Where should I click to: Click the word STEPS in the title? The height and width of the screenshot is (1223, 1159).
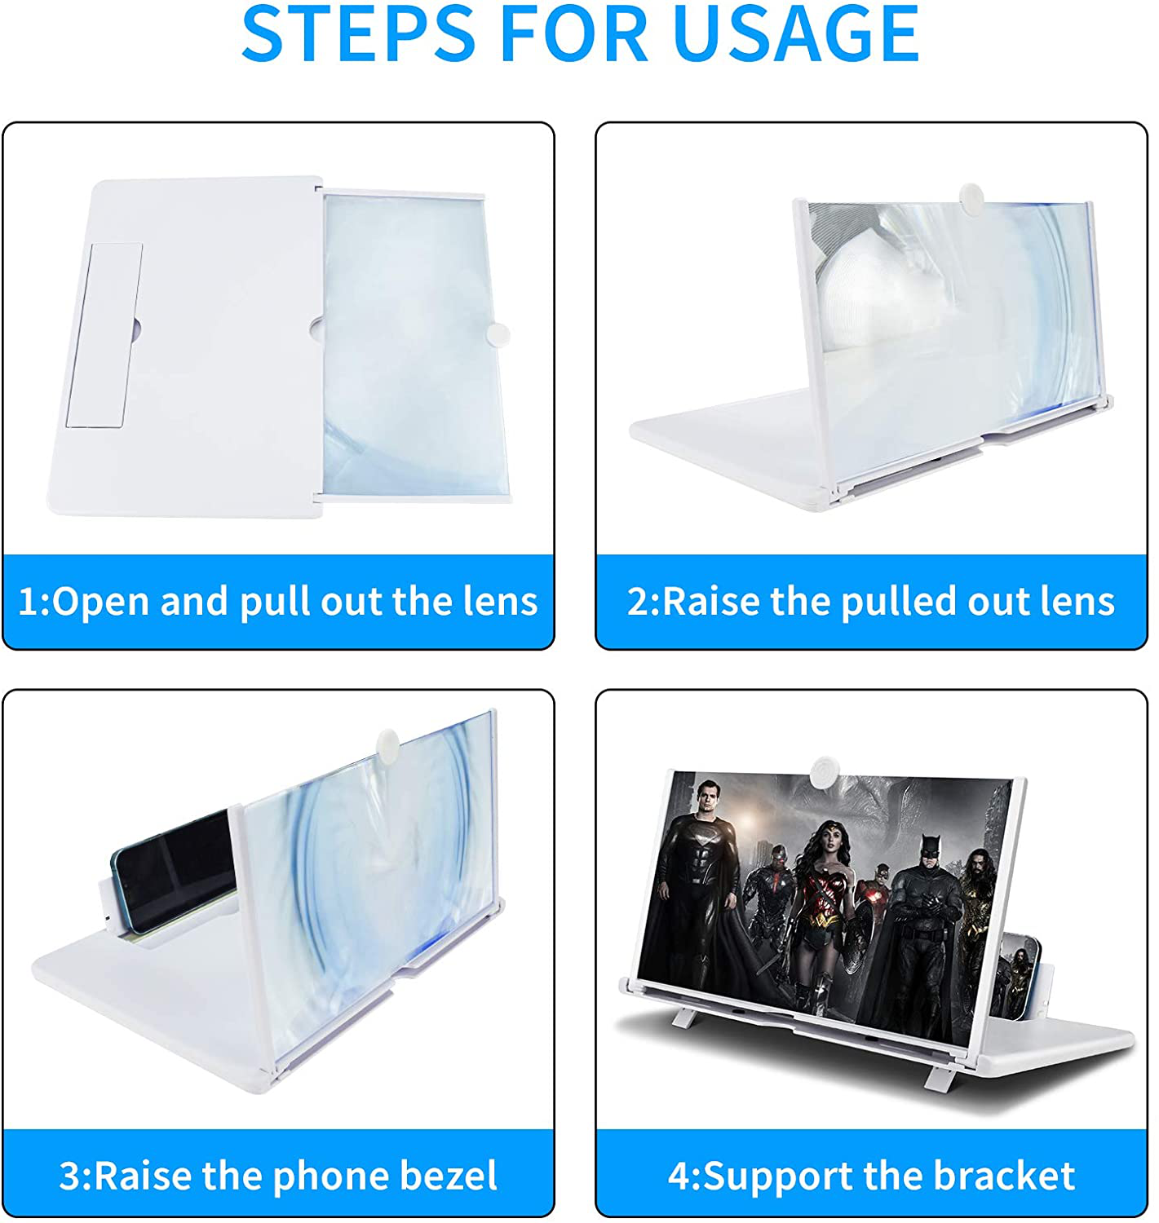click(359, 33)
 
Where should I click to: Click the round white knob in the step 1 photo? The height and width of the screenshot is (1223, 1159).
click(498, 334)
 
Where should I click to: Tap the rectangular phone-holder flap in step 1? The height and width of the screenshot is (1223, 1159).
click(104, 336)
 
